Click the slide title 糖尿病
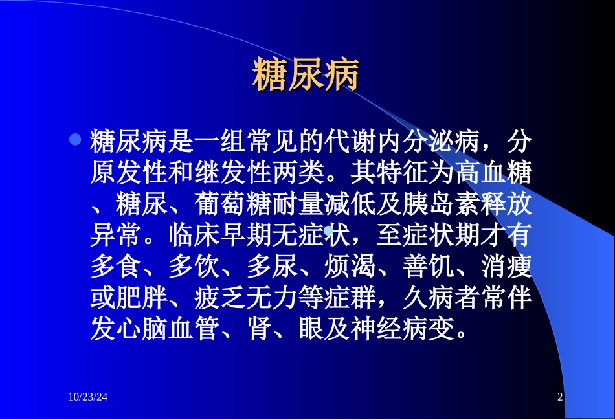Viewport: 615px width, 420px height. (305, 76)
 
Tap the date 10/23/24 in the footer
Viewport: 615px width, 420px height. (87, 397)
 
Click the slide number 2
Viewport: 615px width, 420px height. (561, 397)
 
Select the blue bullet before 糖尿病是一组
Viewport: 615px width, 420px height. (75, 139)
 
